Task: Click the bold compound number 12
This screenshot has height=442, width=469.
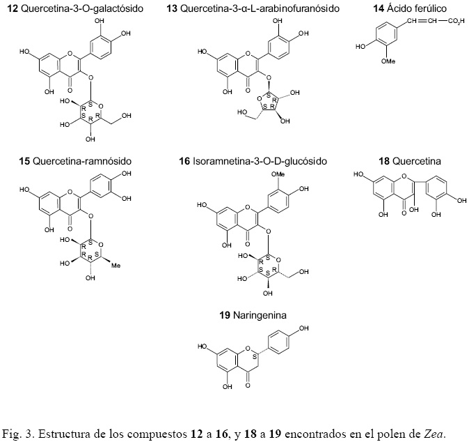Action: [x=13, y=8]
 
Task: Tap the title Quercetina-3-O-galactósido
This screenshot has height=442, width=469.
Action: [x=83, y=8]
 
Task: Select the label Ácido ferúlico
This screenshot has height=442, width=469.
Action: [x=417, y=8]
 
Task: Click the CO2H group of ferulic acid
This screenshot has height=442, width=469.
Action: [x=456, y=22]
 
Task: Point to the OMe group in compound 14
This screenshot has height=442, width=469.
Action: [x=388, y=61]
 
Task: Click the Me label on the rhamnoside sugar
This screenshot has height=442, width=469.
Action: [x=116, y=265]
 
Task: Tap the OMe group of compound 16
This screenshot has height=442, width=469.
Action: [x=278, y=174]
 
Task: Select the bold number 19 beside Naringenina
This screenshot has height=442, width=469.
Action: [x=225, y=315]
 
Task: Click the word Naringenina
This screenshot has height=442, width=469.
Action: [x=260, y=315]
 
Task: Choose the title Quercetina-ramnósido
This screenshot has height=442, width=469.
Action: [x=81, y=161]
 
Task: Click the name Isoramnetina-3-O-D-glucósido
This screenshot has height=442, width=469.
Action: [x=260, y=161]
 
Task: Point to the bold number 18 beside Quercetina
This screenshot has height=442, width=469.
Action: [x=384, y=161]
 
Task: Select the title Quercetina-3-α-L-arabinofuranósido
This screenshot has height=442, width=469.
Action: [x=260, y=8]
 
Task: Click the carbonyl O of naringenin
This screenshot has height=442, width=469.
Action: [x=247, y=384]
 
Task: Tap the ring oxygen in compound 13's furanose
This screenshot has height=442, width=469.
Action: [x=259, y=98]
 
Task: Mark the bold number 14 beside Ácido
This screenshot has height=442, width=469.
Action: [x=379, y=8]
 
